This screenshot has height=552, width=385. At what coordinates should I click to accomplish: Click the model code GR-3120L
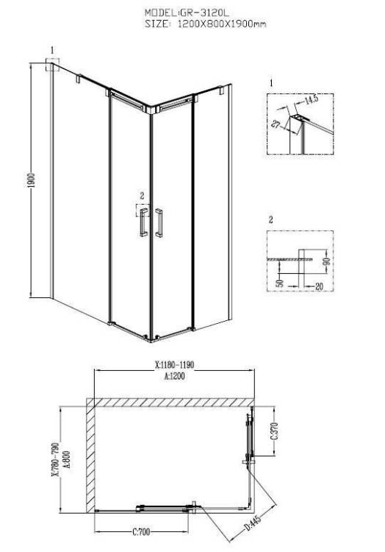click(x=204, y=13)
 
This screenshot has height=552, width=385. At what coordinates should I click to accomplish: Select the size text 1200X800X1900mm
click(x=222, y=24)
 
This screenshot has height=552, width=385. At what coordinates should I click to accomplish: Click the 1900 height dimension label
click(x=32, y=180)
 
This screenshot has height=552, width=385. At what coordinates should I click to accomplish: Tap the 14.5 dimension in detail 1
click(x=311, y=99)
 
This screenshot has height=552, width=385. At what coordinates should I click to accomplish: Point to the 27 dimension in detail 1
click(x=276, y=124)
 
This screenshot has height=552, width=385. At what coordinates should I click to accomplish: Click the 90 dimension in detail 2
click(x=326, y=261)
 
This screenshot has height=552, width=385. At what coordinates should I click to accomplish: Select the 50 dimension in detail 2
click(x=280, y=282)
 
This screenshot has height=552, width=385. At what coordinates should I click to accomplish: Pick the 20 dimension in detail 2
click(x=319, y=287)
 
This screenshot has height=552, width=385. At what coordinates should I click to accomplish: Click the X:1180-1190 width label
click(x=174, y=365)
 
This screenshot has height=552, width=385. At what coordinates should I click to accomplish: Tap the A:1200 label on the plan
click(x=174, y=376)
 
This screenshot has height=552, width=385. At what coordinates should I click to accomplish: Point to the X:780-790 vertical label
click(x=55, y=459)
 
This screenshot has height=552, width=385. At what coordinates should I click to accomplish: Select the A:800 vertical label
click(x=66, y=459)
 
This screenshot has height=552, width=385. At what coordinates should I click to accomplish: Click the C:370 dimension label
click(x=275, y=431)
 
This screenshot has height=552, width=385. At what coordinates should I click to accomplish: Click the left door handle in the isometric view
click(x=143, y=223)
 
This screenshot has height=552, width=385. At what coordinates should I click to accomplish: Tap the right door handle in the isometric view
click(x=159, y=223)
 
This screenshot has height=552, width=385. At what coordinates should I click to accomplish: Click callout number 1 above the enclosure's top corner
click(x=53, y=50)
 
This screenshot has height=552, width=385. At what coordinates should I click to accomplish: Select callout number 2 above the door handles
click(x=142, y=195)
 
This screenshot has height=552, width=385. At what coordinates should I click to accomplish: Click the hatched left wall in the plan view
click(x=91, y=456)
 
